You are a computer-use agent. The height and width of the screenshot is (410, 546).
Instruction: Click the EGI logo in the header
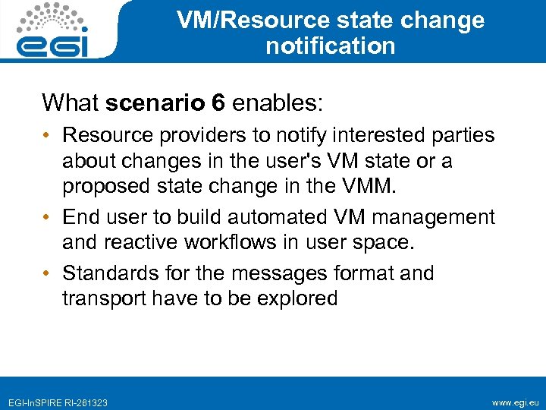54,30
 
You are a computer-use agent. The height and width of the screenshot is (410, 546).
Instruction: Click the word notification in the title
330,46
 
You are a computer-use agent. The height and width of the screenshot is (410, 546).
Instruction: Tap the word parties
463,136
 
